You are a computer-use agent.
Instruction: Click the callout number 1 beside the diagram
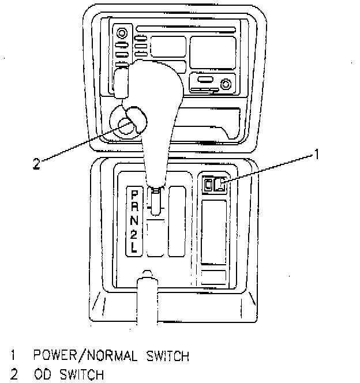(316, 154)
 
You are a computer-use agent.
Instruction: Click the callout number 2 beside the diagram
(36, 164)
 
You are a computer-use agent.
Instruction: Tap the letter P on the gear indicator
(134, 194)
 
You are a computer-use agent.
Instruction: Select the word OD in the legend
(42, 375)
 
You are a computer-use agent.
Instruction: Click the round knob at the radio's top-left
(122, 33)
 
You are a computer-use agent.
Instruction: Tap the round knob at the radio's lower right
(226, 84)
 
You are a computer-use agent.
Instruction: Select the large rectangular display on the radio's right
(213, 52)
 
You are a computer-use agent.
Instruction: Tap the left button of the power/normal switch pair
(208, 185)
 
